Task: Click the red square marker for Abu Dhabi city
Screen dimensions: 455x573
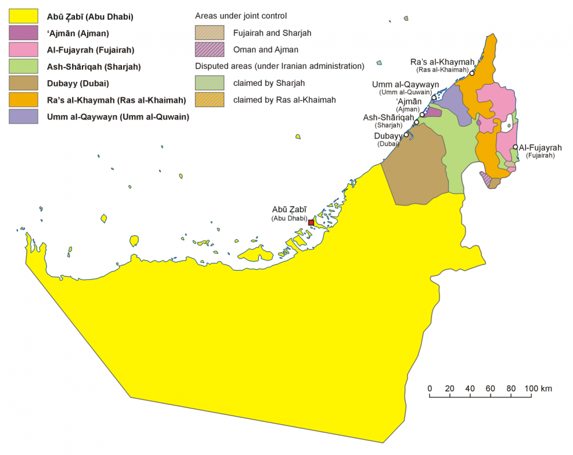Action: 311,222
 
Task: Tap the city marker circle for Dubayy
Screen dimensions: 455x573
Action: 406,135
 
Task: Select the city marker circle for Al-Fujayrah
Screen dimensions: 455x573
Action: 515,147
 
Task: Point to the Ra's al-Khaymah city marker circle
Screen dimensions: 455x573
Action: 472,73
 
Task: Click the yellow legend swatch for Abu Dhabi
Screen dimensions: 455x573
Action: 23,17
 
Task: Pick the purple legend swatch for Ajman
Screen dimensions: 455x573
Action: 23,33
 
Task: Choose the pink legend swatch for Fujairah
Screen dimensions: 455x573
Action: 23,50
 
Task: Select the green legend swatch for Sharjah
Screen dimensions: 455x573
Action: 23,66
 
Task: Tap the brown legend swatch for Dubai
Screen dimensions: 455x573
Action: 23,83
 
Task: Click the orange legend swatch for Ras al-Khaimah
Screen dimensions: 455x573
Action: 23,100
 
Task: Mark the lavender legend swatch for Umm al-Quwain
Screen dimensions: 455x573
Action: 23,116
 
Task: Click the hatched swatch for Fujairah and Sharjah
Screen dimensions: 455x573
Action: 210,33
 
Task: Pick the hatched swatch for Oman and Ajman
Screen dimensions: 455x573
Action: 210,49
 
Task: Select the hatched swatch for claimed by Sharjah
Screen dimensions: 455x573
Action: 210,83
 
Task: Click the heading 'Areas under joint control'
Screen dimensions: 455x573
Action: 241,15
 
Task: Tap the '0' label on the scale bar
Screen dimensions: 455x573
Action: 430,389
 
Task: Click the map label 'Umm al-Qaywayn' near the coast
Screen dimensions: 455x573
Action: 405,85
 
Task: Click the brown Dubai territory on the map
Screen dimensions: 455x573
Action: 415,169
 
